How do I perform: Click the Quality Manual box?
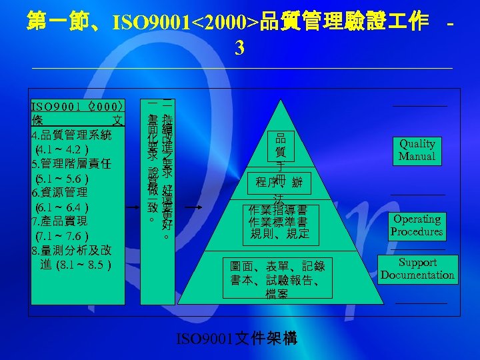point(417,150)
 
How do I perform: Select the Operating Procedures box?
point(417,225)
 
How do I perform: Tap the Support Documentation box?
point(417,269)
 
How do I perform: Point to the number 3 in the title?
point(240,48)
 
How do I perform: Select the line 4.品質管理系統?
point(72,135)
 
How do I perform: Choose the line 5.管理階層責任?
point(72,163)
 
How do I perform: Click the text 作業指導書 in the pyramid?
point(277,209)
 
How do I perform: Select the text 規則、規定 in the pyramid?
point(277,234)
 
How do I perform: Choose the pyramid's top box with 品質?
point(281,145)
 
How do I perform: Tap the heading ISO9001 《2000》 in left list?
point(77,106)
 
